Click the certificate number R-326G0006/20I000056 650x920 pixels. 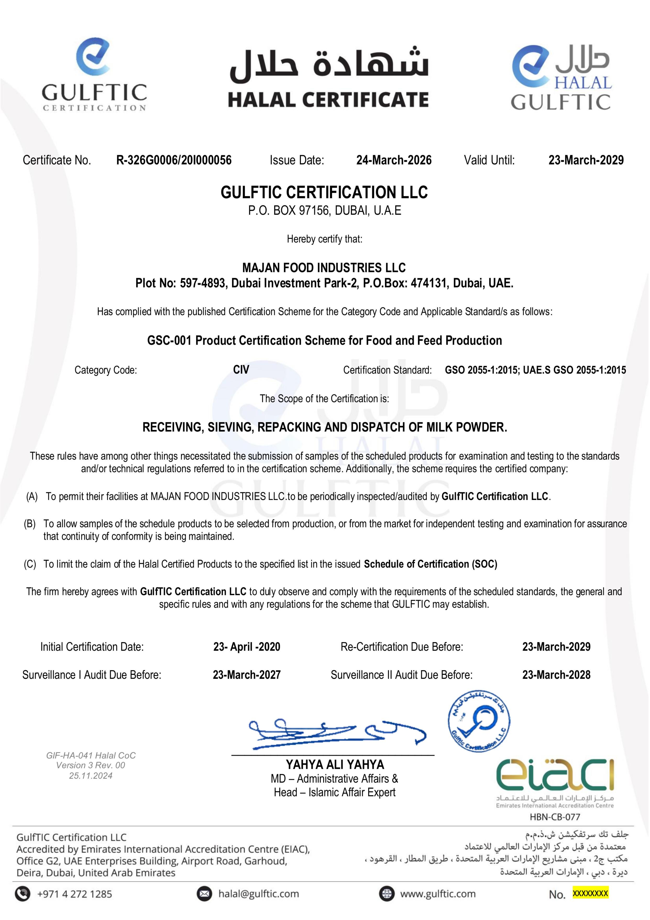pos(174,160)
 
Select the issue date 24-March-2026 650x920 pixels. pos(394,160)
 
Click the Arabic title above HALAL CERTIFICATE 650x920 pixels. pos(329,63)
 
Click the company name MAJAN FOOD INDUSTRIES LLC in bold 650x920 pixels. pos(324,268)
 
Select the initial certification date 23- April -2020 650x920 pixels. pos(247,647)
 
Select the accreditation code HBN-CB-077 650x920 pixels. pos(555,817)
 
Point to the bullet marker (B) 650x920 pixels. pos(30,524)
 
